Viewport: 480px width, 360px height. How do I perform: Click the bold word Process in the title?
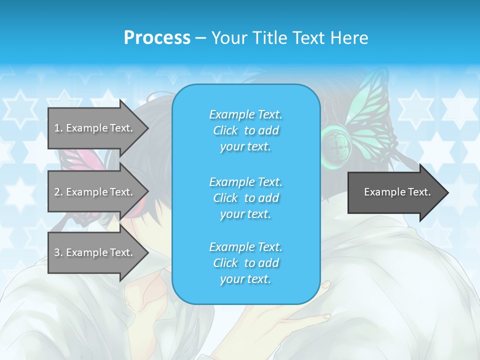tap(157, 38)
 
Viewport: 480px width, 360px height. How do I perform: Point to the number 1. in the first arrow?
tap(58, 128)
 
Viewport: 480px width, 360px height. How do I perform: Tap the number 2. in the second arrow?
tap(58, 192)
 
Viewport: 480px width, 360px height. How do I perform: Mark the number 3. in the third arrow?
tap(58, 252)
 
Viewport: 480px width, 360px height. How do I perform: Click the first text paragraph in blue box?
tap(245, 130)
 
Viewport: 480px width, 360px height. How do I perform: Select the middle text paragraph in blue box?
tap(245, 198)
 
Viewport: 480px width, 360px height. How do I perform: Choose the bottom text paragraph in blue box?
tap(245, 263)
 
